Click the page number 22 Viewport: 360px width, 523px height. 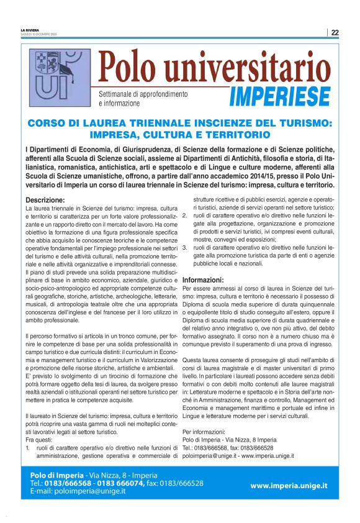(x=335, y=32)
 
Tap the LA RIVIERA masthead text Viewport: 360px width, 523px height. (x=30, y=30)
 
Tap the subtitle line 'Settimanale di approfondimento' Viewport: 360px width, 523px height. (x=143, y=93)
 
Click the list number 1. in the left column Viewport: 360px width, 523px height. (x=29, y=447)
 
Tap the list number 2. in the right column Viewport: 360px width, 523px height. (x=184, y=215)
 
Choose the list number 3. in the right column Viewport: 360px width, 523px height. (x=184, y=247)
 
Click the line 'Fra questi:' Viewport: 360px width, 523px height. (x=38, y=439)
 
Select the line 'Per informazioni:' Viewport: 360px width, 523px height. (x=204, y=430)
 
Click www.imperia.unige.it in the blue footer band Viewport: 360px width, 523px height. (x=289, y=485)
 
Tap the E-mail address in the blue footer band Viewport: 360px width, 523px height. (x=78, y=491)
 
